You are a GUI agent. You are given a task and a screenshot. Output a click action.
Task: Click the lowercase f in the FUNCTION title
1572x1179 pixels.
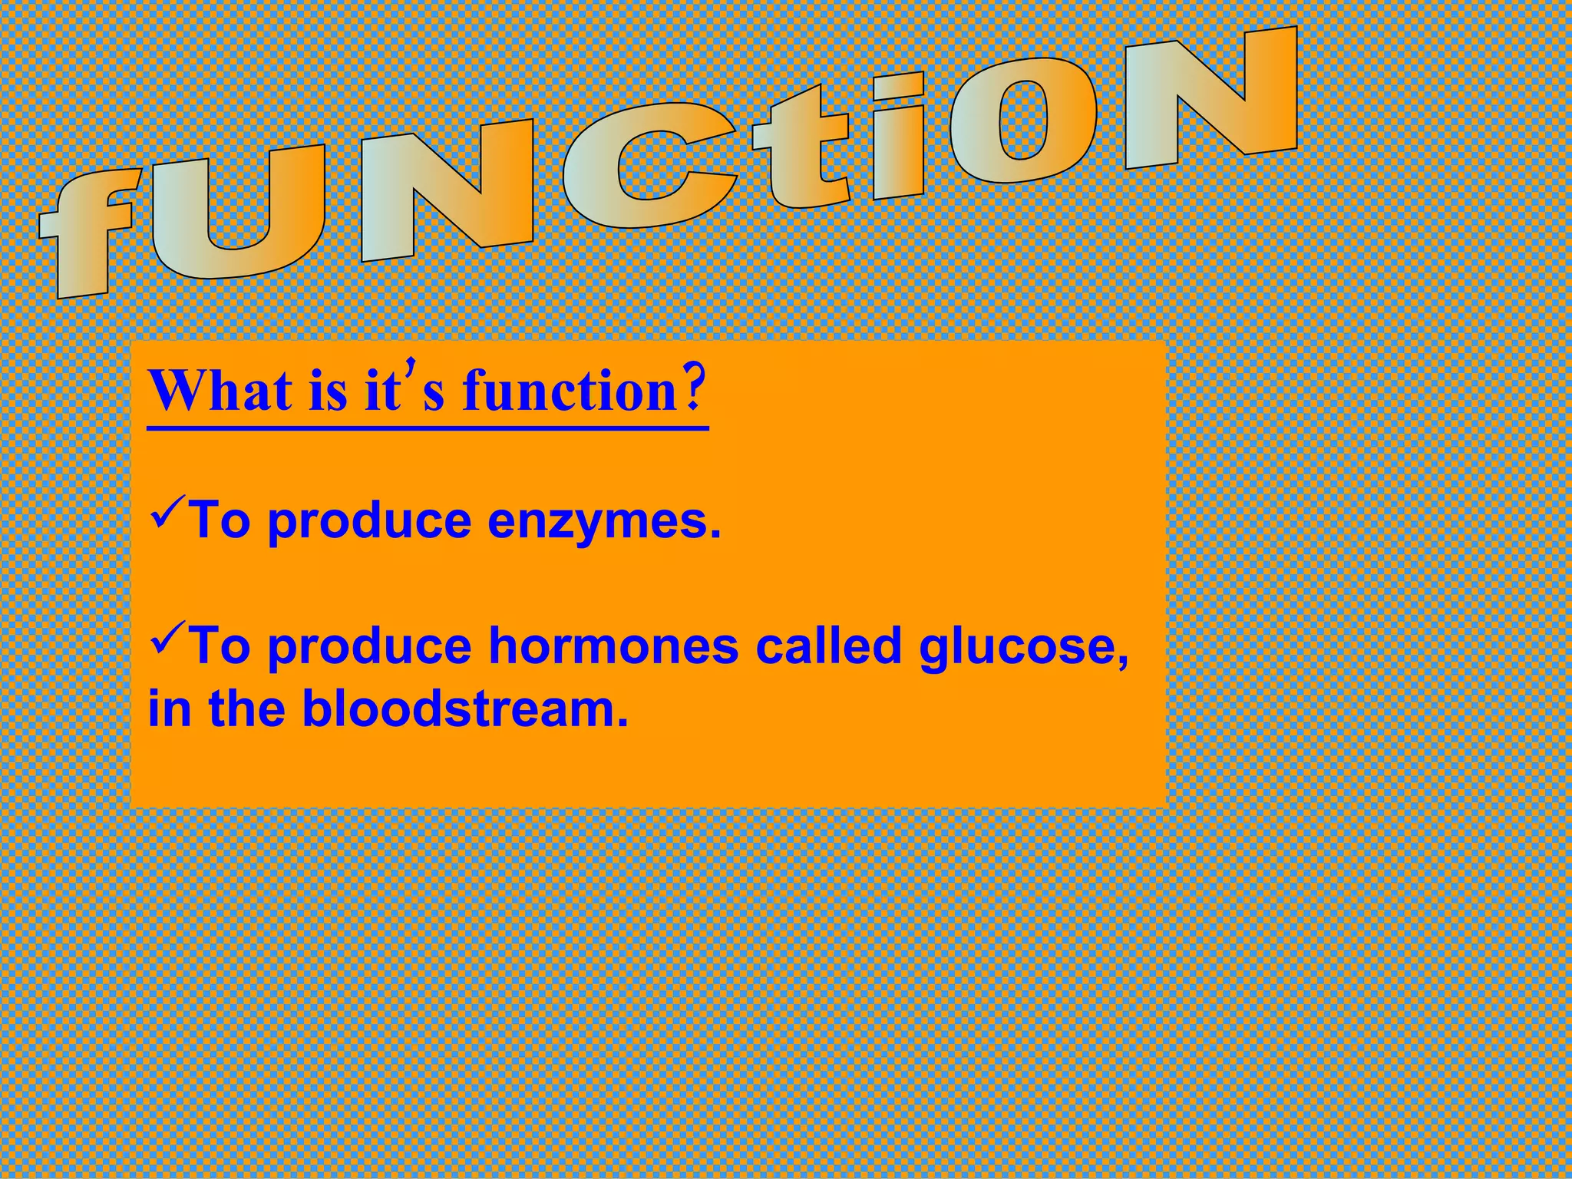pyautogui.click(x=92, y=230)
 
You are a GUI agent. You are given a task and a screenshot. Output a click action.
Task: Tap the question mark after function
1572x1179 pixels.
pyautogui.click(x=692, y=389)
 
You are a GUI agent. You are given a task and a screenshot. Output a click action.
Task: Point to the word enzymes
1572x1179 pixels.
pyautogui.click(x=604, y=521)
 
